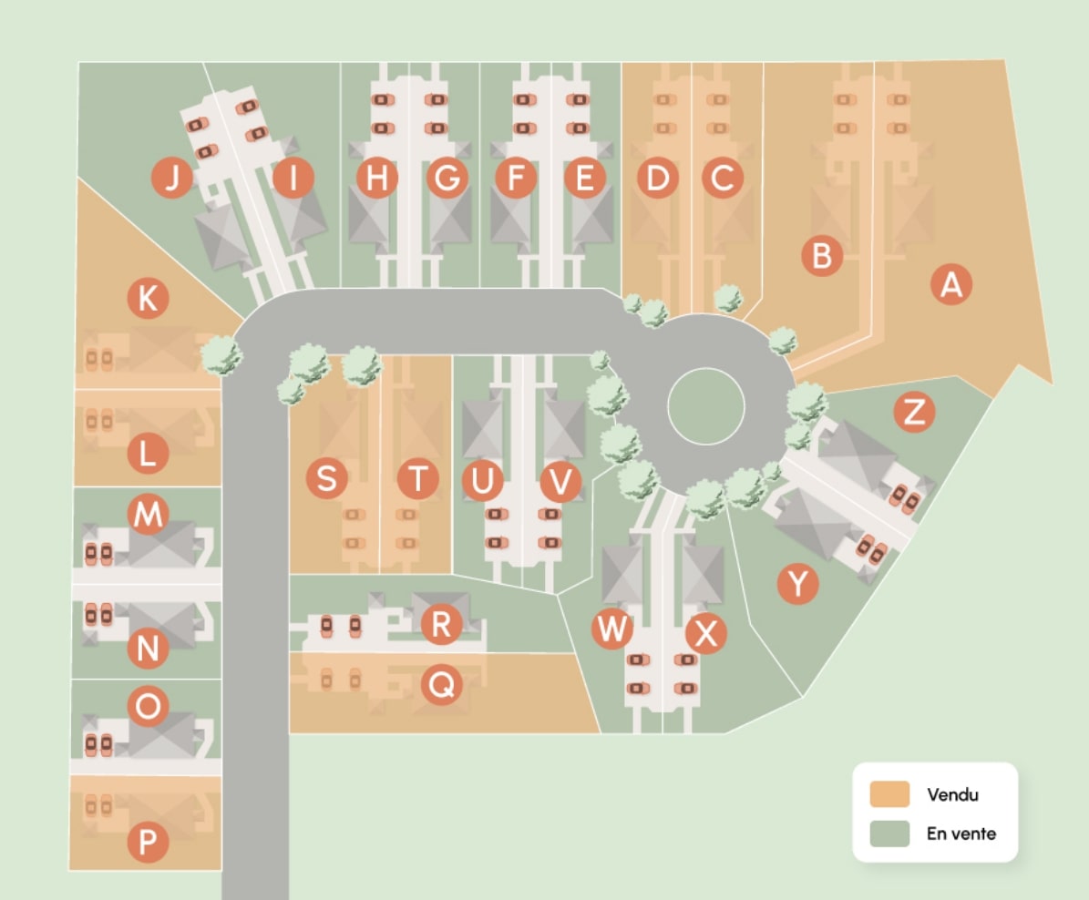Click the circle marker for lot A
click(951, 286)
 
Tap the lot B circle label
click(821, 257)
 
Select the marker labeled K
click(148, 299)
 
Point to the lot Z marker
click(915, 413)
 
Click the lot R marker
click(441, 625)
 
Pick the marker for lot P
click(148, 844)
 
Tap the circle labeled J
click(171, 178)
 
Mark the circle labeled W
click(611, 629)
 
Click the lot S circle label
click(326, 477)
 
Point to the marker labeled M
click(148, 516)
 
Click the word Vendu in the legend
click(952, 794)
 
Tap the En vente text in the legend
click(961, 834)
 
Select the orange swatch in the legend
click(889, 794)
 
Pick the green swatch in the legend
click(889, 834)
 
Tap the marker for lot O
click(148, 706)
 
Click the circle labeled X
click(705, 633)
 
